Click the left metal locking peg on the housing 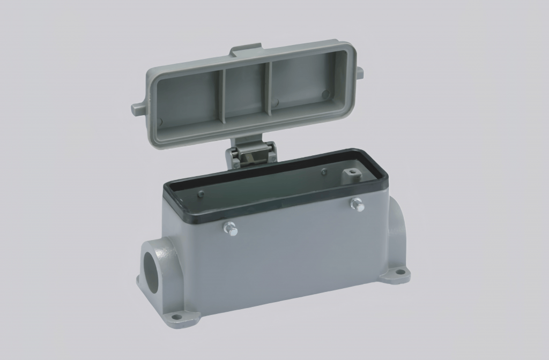click(230, 229)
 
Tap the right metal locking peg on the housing click(357, 204)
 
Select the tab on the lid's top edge click(247, 52)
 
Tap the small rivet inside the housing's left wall click(201, 194)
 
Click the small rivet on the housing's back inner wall click(323, 172)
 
